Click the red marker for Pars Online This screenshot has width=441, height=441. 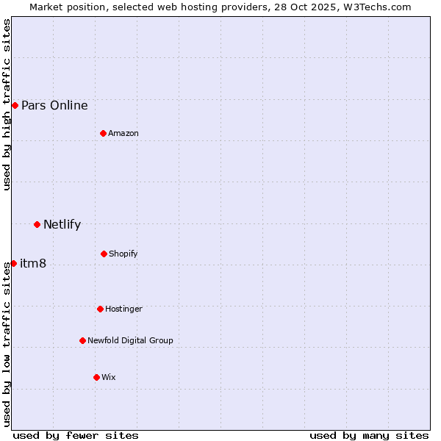(15, 105)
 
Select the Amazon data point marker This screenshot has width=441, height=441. (104, 133)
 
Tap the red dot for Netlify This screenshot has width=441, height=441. (37, 224)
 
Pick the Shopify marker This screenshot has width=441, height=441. (104, 254)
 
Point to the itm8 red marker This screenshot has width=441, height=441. (13, 263)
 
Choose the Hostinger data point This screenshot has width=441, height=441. (100, 309)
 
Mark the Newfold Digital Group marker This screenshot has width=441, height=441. (82, 340)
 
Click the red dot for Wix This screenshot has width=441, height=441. (96, 377)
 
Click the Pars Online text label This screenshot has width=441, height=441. (54, 105)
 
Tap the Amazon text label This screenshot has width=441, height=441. (123, 133)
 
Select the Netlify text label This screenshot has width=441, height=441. (62, 224)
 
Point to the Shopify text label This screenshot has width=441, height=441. (123, 254)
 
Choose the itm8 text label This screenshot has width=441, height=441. (33, 263)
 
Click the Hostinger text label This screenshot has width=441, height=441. (123, 309)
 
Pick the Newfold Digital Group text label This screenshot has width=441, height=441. (130, 340)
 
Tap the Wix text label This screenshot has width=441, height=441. (109, 377)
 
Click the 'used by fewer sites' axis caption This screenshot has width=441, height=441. (76, 435)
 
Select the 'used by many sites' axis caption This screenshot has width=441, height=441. (369, 435)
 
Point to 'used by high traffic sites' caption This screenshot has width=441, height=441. (7, 104)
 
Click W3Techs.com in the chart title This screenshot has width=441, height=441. (375, 7)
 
